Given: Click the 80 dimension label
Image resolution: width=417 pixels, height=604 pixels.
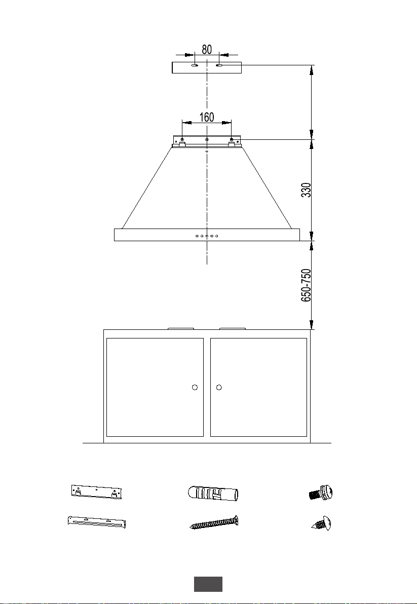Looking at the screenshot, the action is pos(207,50).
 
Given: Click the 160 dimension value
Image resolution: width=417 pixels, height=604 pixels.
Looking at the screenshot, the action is pos(207,117).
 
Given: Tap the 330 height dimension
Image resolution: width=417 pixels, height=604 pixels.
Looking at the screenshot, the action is pos(306,190).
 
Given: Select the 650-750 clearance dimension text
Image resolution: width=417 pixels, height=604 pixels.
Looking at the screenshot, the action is pos(306,285).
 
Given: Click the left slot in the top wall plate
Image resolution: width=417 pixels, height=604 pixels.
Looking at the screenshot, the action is pos(195,65).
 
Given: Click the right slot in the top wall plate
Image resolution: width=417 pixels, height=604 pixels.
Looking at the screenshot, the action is pos(219,65).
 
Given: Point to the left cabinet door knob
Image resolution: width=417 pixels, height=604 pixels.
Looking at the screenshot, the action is pos(195,387).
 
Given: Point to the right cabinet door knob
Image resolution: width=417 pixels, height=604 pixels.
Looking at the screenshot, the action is pos(219,387).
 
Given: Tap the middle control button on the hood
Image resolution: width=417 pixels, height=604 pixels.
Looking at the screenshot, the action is pos(207,236).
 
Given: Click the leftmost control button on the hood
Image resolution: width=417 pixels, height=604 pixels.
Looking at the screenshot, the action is pos(197,236).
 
